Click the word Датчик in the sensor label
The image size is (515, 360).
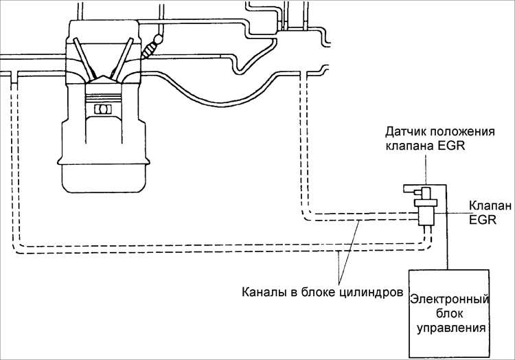[406, 132]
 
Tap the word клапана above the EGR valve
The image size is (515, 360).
[409, 146]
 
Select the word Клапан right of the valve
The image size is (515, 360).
[490, 206]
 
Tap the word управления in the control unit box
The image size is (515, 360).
[451, 328]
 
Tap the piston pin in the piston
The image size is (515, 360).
[103, 109]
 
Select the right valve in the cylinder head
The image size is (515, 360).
[122, 59]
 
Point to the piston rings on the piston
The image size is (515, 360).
[103, 98]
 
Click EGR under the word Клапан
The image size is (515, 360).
[482, 219]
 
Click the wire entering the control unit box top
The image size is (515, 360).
[446, 227]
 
